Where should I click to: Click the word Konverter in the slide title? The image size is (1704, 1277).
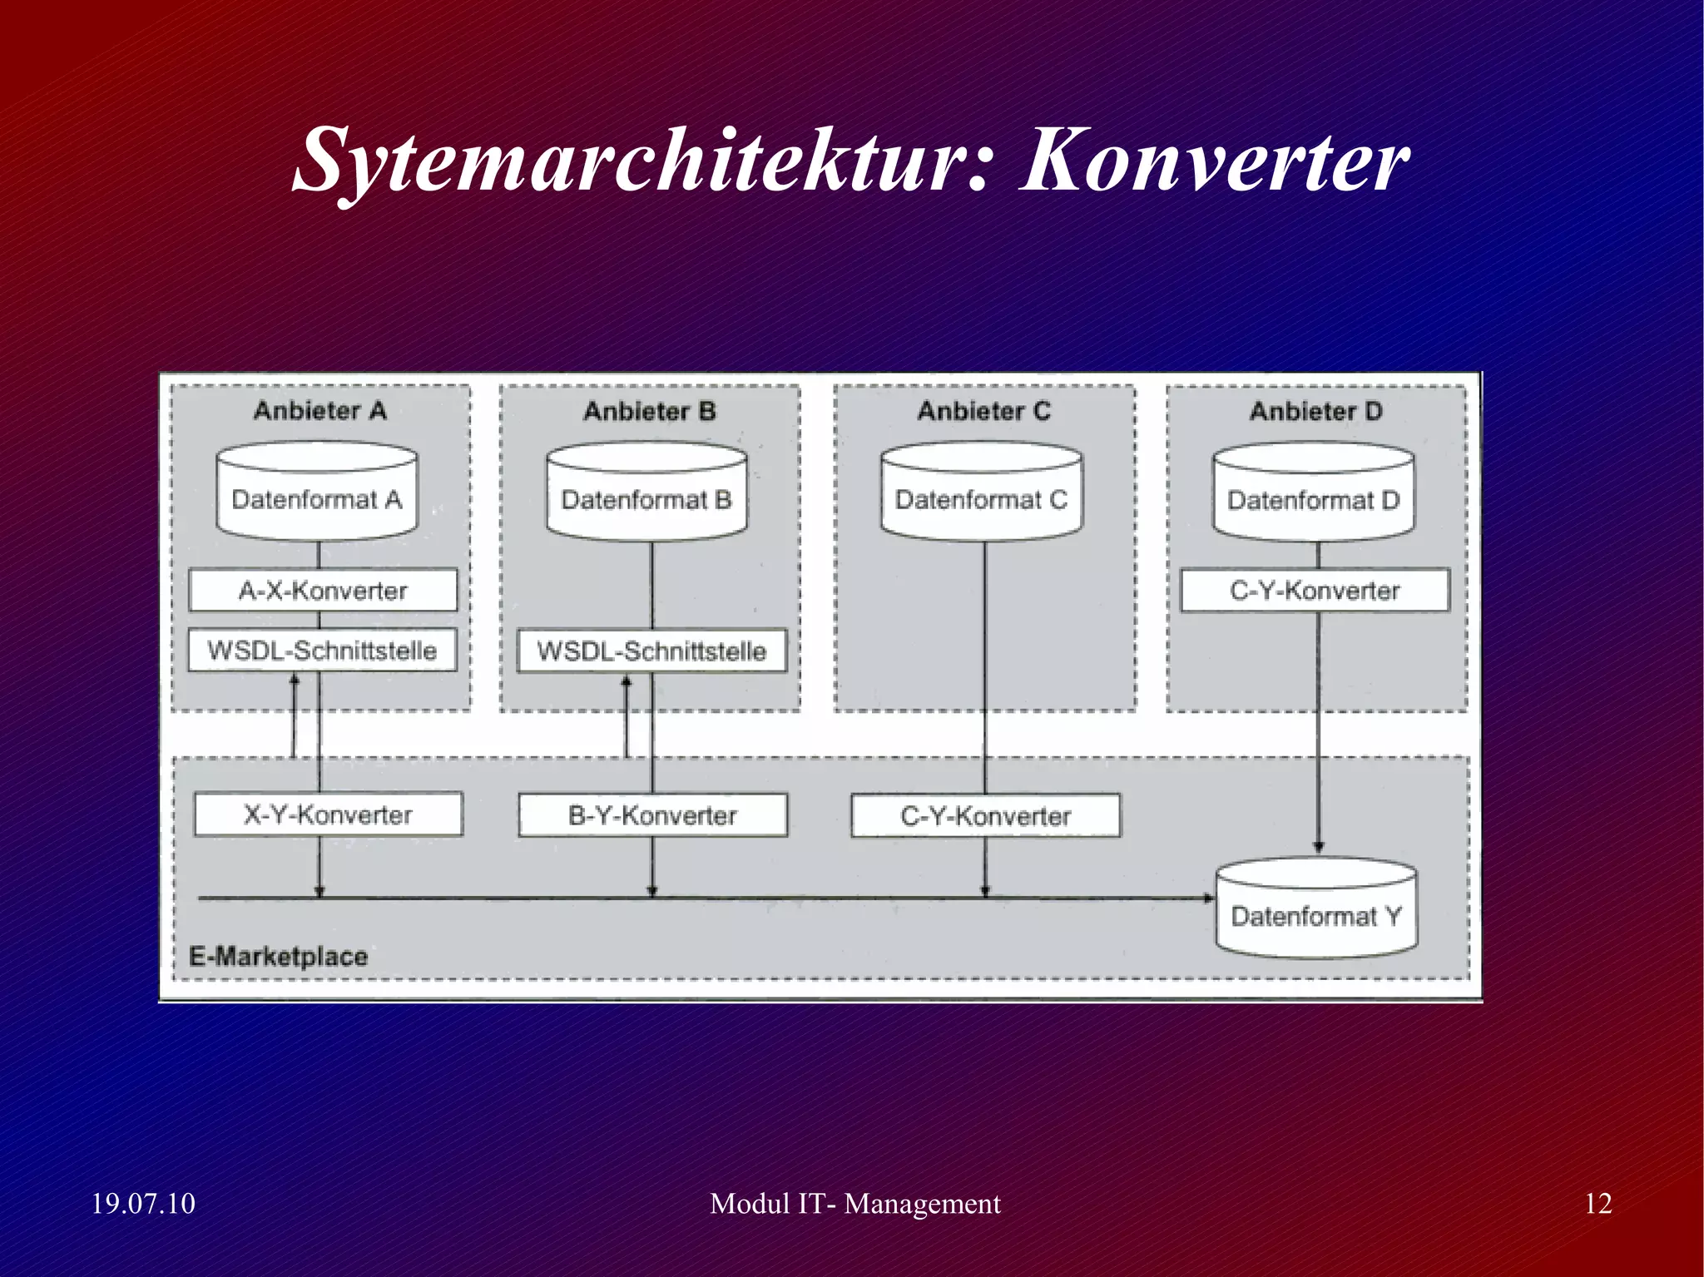(x=1214, y=160)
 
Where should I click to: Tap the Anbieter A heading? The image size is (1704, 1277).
(x=320, y=411)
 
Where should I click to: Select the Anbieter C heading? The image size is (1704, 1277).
(x=983, y=411)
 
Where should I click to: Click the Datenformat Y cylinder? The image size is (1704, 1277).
(x=1316, y=910)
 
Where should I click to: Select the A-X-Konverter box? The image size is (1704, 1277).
(x=323, y=591)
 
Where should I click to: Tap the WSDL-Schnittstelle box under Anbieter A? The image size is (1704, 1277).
(x=322, y=651)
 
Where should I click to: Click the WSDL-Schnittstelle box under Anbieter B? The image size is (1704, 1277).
(x=651, y=651)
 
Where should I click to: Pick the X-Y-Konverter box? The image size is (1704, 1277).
(x=328, y=814)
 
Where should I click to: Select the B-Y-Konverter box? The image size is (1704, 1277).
(x=652, y=815)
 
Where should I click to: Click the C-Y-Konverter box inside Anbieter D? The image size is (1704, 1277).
(x=1315, y=591)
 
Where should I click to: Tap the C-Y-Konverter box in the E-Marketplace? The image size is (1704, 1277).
(x=985, y=816)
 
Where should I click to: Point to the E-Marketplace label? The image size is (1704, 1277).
(x=279, y=957)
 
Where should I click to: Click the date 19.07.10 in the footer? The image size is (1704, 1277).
(x=143, y=1204)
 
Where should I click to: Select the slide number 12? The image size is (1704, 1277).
(x=1597, y=1204)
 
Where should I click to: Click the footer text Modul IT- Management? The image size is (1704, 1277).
(x=854, y=1204)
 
